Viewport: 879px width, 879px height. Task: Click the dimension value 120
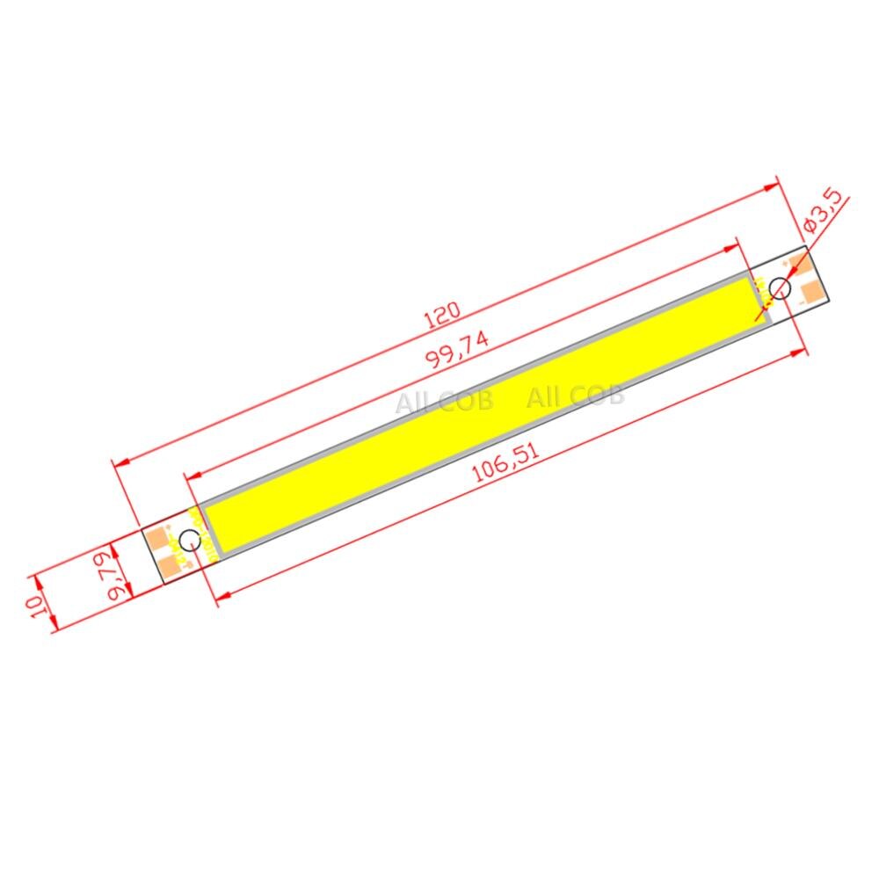[x=443, y=316]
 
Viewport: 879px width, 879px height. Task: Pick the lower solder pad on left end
[x=170, y=563]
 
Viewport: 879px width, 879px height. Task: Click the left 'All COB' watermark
[x=443, y=402]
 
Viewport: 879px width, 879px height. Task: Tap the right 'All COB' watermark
[x=575, y=396]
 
